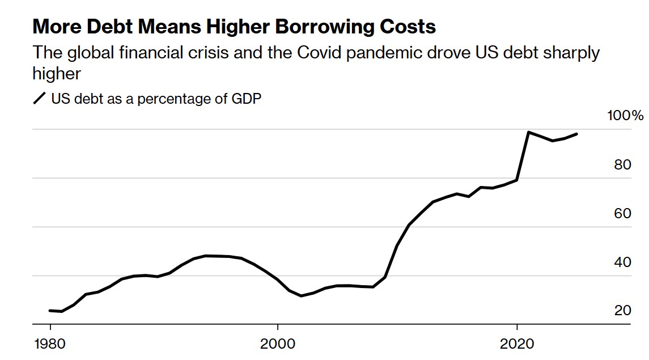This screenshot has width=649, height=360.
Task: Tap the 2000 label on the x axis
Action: [x=278, y=344]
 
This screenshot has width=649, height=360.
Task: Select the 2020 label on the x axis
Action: [x=517, y=344]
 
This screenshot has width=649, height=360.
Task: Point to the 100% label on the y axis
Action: [x=626, y=116]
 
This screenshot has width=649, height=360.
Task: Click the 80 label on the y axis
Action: [x=623, y=164]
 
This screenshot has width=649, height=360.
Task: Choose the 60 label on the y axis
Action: [x=623, y=213]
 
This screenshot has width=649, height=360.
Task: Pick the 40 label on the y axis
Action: [x=623, y=262]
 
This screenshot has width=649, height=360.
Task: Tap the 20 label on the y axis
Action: [x=623, y=311]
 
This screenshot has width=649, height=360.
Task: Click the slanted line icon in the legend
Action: [x=40, y=99]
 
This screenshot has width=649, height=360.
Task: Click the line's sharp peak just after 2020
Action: [x=528, y=132]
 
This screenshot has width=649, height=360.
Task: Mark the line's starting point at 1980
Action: [x=50, y=311]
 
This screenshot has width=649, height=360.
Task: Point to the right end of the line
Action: [x=576, y=134]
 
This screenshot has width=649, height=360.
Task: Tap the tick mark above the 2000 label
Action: [x=278, y=328]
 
